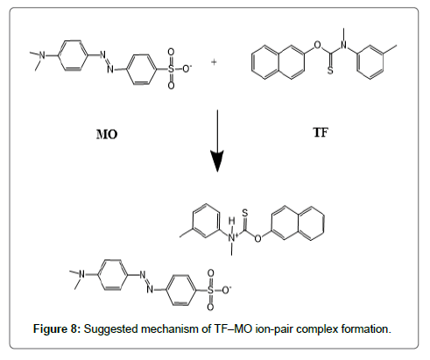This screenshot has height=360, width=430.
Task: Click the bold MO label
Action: coord(107,135)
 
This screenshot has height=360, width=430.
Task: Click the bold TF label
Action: coord(321,132)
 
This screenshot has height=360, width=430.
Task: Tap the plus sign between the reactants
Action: coord(214,62)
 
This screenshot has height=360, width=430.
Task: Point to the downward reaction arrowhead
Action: coord(217,161)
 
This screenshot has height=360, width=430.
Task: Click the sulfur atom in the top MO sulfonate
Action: coord(171,69)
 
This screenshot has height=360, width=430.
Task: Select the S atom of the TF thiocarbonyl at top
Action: coord(330,71)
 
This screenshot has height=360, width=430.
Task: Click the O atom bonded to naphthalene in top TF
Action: coord(317,46)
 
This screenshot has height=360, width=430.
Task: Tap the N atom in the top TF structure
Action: coord(344,46)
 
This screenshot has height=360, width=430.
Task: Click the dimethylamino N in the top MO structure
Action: coord(42,55)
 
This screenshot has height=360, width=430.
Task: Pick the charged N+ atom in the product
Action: coord(232,236)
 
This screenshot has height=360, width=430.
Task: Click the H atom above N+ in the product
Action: coord(232,221)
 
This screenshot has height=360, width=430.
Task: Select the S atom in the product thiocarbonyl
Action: coord(245,213)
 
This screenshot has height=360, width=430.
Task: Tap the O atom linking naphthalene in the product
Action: coord(257,238)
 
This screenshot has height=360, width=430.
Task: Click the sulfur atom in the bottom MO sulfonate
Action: coord(210,290)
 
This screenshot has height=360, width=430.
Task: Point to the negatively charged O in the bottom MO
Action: coord(226,290)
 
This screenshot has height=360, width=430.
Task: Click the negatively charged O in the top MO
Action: coord(187,69)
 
